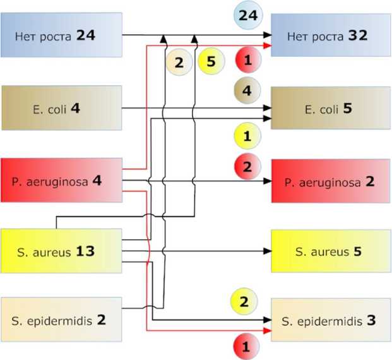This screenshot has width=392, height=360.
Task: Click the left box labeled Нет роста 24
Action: pos(61,35)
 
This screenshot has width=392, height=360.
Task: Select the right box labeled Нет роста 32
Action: pos(331,35)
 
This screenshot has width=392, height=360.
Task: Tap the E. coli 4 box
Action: pos(61,108)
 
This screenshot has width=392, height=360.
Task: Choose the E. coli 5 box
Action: pos(331,108)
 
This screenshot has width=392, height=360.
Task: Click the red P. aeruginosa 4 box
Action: pos(61,180)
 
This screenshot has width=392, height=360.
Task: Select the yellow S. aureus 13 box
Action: pos(61,251)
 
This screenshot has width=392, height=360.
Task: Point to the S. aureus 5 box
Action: pos(331,251)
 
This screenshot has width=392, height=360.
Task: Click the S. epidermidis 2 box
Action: pos(61,319)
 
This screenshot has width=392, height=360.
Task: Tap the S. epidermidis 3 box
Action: pos(331,320)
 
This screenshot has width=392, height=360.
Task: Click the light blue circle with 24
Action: pos(247,15)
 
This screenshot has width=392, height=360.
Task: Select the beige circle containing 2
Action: pos(179,62)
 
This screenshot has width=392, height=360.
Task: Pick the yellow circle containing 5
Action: pos(210,62)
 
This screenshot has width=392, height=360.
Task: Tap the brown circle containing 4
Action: pos(247,90)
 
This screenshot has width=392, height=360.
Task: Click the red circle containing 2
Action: pos(247,167)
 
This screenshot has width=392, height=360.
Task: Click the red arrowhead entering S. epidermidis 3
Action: pos(268,330)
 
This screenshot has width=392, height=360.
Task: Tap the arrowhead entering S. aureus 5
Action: pos(268,251)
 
